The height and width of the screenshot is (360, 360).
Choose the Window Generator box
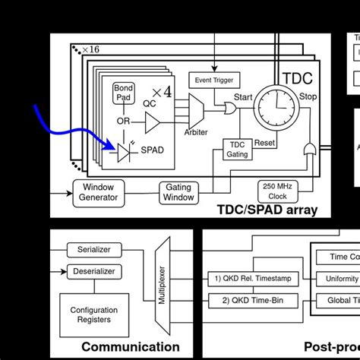(99, 192)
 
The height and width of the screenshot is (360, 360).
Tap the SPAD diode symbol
(125, 151)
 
